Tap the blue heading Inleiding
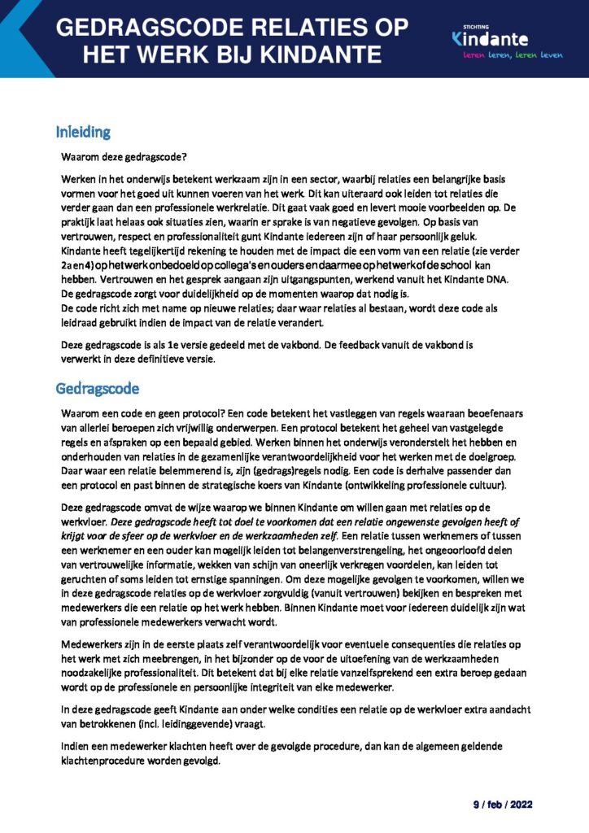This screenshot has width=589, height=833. [83, 132]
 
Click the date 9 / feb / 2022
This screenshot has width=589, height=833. [503, 805]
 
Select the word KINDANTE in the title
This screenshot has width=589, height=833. [325, 55]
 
